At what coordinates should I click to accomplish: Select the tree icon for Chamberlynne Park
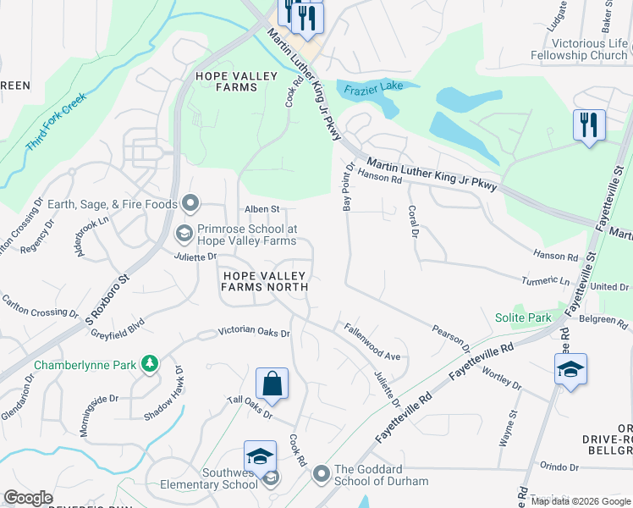[x=150, y=363]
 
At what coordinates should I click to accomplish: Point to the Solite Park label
[x=523, y=318]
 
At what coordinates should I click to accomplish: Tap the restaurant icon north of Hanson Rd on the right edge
[x=589, y=125]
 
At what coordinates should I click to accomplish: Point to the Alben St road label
[x=261, y=209]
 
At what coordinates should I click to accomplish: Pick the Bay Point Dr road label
[x=346, y=188]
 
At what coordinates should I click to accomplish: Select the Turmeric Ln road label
[x=547, y=280]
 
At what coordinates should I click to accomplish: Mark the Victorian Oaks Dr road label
[x=254, y=333]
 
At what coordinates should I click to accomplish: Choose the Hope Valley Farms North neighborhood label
[x=263, y=280]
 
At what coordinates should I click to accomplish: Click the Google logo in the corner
[x=28, y=498]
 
